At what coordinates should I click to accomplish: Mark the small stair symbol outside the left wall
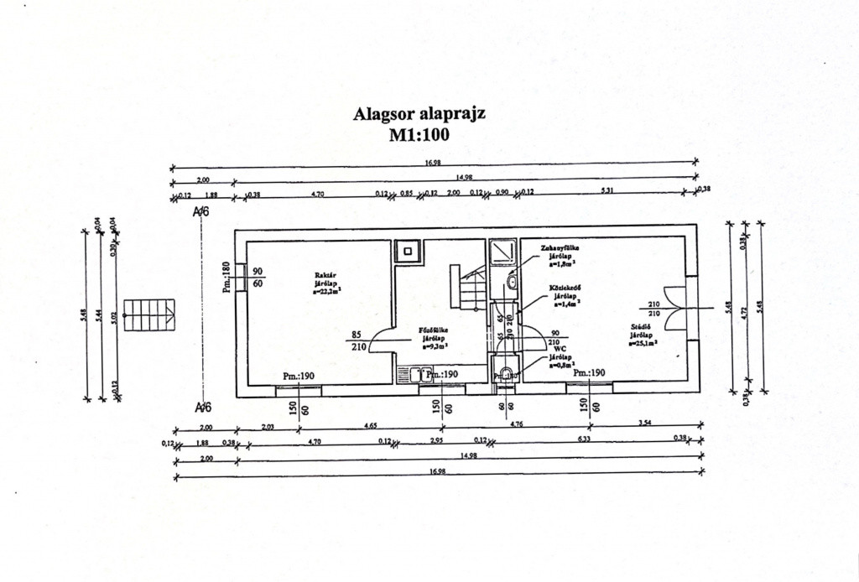coord(148,315)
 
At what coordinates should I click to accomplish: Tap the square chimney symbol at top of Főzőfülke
coord(409,250)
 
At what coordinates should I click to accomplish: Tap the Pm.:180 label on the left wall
coord(226,277)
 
